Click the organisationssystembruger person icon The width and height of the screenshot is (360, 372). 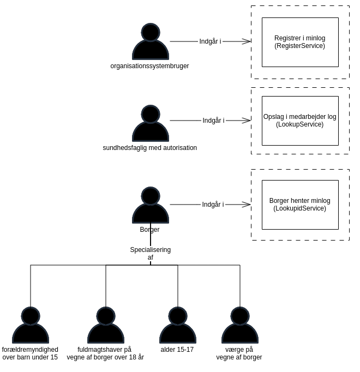pos(151,43)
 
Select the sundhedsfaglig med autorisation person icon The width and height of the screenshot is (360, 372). pos(151,124)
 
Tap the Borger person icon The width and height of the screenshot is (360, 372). pos(151,206)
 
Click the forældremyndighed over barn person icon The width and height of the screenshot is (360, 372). pos(31,326)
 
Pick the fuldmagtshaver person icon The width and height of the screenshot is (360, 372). pos(106,326)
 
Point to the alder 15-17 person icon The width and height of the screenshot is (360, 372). pos(178,326)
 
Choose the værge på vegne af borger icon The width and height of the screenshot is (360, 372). pos(240,326)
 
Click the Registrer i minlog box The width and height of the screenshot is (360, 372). pos(300,42)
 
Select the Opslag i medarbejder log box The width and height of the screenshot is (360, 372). pos(300,121)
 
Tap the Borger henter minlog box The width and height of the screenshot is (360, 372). pos(300,205)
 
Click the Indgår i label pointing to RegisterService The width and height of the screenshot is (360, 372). pos(210,41)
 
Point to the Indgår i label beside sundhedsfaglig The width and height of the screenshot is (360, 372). pos(213,121)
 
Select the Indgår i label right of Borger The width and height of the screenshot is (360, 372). pos(213,205)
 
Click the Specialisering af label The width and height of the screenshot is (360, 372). pos(151,254)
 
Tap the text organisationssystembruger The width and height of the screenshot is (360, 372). pos(149,66)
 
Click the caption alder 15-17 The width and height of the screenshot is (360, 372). pos(177,350)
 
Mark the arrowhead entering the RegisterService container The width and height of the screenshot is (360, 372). pos(247,41)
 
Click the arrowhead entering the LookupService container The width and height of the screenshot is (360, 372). pos(247,121)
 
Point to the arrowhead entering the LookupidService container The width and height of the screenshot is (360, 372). pos(247,205)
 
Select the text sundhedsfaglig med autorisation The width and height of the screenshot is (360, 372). pos(149,148)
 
